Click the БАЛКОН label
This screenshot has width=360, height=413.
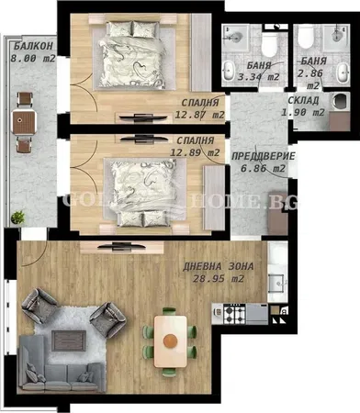click(x=34, y=46)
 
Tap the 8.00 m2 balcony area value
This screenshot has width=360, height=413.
click(x=33, y=58)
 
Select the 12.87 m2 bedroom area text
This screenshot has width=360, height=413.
click(x=199, y=115)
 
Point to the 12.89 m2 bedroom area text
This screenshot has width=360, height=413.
click(x=195, y=152)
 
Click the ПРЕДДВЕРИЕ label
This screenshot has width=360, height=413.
click(x=264, y=156)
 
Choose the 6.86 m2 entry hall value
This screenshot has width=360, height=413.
click(x=264, y=168)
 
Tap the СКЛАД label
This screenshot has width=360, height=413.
click(x=303, y=100)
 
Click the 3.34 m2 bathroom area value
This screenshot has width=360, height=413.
click(x=259, y=77)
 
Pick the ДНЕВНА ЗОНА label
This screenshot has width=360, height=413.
click(x=219, y=267)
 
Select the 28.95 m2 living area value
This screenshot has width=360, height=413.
click(x=219, y=279)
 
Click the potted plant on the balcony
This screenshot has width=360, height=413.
click(x=18, y=218)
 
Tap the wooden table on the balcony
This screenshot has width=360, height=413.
click(x=24, y=122)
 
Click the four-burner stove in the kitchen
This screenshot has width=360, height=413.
click(x=234, y=314)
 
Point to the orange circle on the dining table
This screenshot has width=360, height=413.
click(x=170, y=340)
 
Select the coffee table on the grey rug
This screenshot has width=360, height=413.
click(x=69, y=340)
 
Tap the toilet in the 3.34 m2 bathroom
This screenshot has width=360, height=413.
click(x=270, y=44)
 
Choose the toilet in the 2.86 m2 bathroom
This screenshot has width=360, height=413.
click(x=306, y=37)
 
